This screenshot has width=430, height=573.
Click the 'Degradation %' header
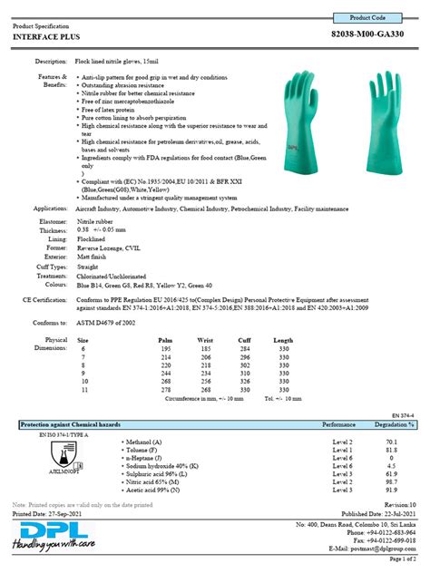(395, 424)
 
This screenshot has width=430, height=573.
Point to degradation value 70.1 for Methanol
(394, 441)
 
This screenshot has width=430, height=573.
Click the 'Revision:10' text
(399, 502)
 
